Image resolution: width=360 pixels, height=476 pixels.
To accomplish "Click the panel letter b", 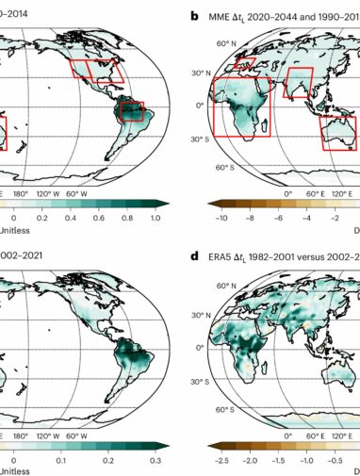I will pos(195,16).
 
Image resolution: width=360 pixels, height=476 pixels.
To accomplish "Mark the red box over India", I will pos(299,84).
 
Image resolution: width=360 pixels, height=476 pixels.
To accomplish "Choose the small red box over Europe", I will pos(244,63).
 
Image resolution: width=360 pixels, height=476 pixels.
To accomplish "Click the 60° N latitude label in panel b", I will pos(224,43).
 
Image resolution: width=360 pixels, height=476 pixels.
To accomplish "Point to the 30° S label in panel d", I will pos(225,382).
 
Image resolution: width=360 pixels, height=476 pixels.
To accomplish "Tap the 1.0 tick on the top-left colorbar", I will pos(156,216).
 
